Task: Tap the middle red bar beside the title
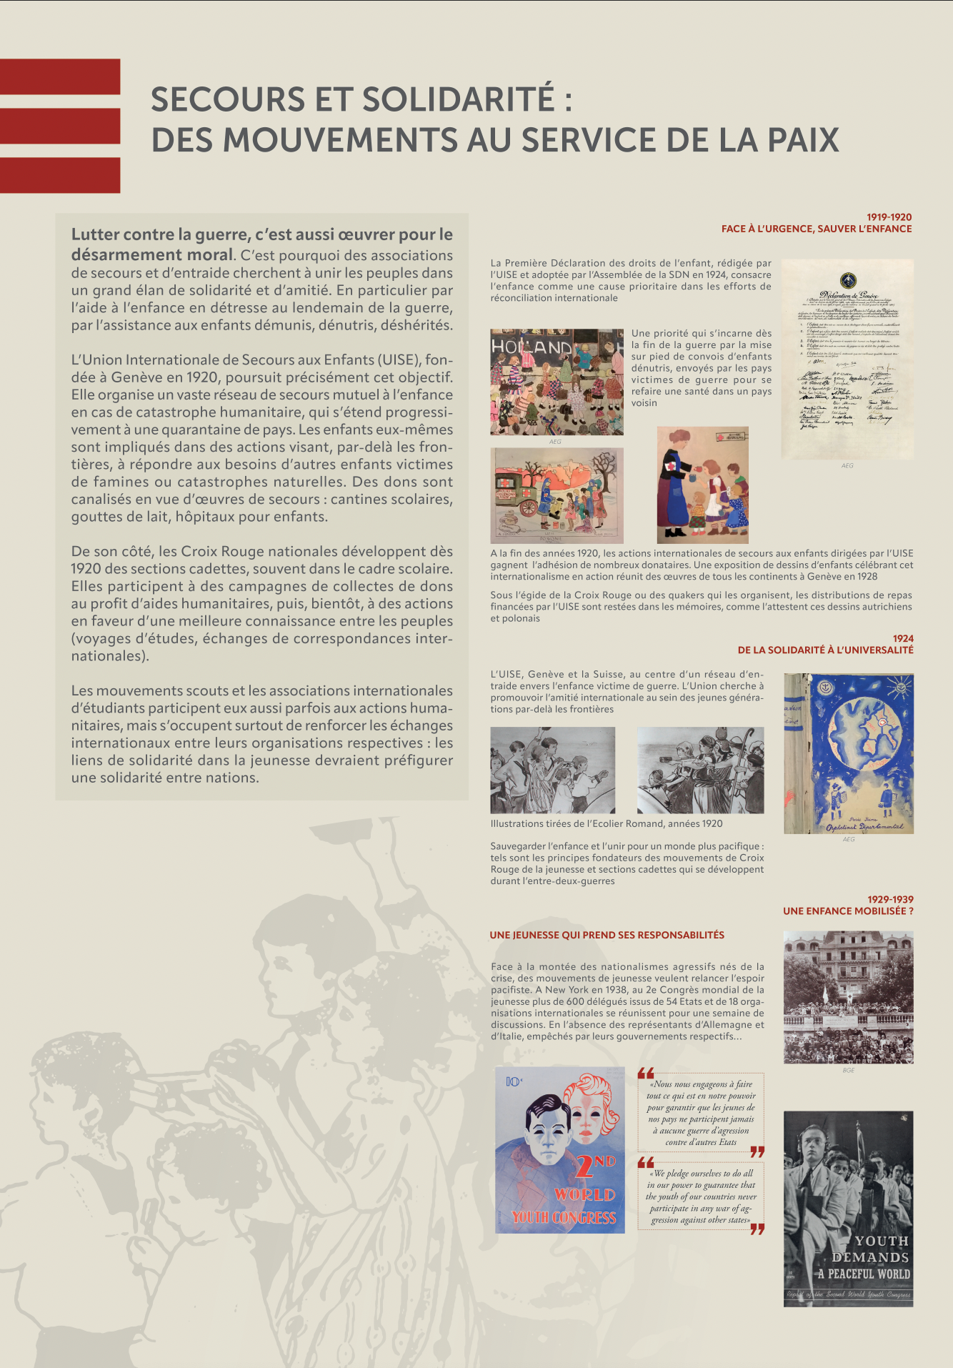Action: click(x=60, y=126)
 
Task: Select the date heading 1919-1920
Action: click(x=889, y=217)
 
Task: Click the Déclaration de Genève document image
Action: click(x=847, y=359)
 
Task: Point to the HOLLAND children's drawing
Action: click(x=557, y=382)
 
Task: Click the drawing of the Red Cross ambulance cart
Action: click(x=557, y=495)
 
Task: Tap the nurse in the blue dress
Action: click(x=675, y=486)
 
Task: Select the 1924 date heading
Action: click(x=903, y=638)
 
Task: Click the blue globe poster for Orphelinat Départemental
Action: click(x=849, y=753)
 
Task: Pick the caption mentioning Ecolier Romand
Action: click(x=607, y=823)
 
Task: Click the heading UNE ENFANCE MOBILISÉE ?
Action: click(x=848, y=911)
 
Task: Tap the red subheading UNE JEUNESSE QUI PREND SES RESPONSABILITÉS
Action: click(x=607, y=935)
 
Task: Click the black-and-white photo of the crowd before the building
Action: click(x=848, y=997)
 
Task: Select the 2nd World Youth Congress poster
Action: click(x=559, y=1149)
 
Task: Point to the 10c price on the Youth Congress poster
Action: click(x=514, y=1081)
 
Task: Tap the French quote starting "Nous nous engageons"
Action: click(x=701, y=1113)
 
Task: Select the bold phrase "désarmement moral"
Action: click(x=151, y=254)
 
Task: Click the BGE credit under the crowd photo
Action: click(x=848, y=1070)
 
